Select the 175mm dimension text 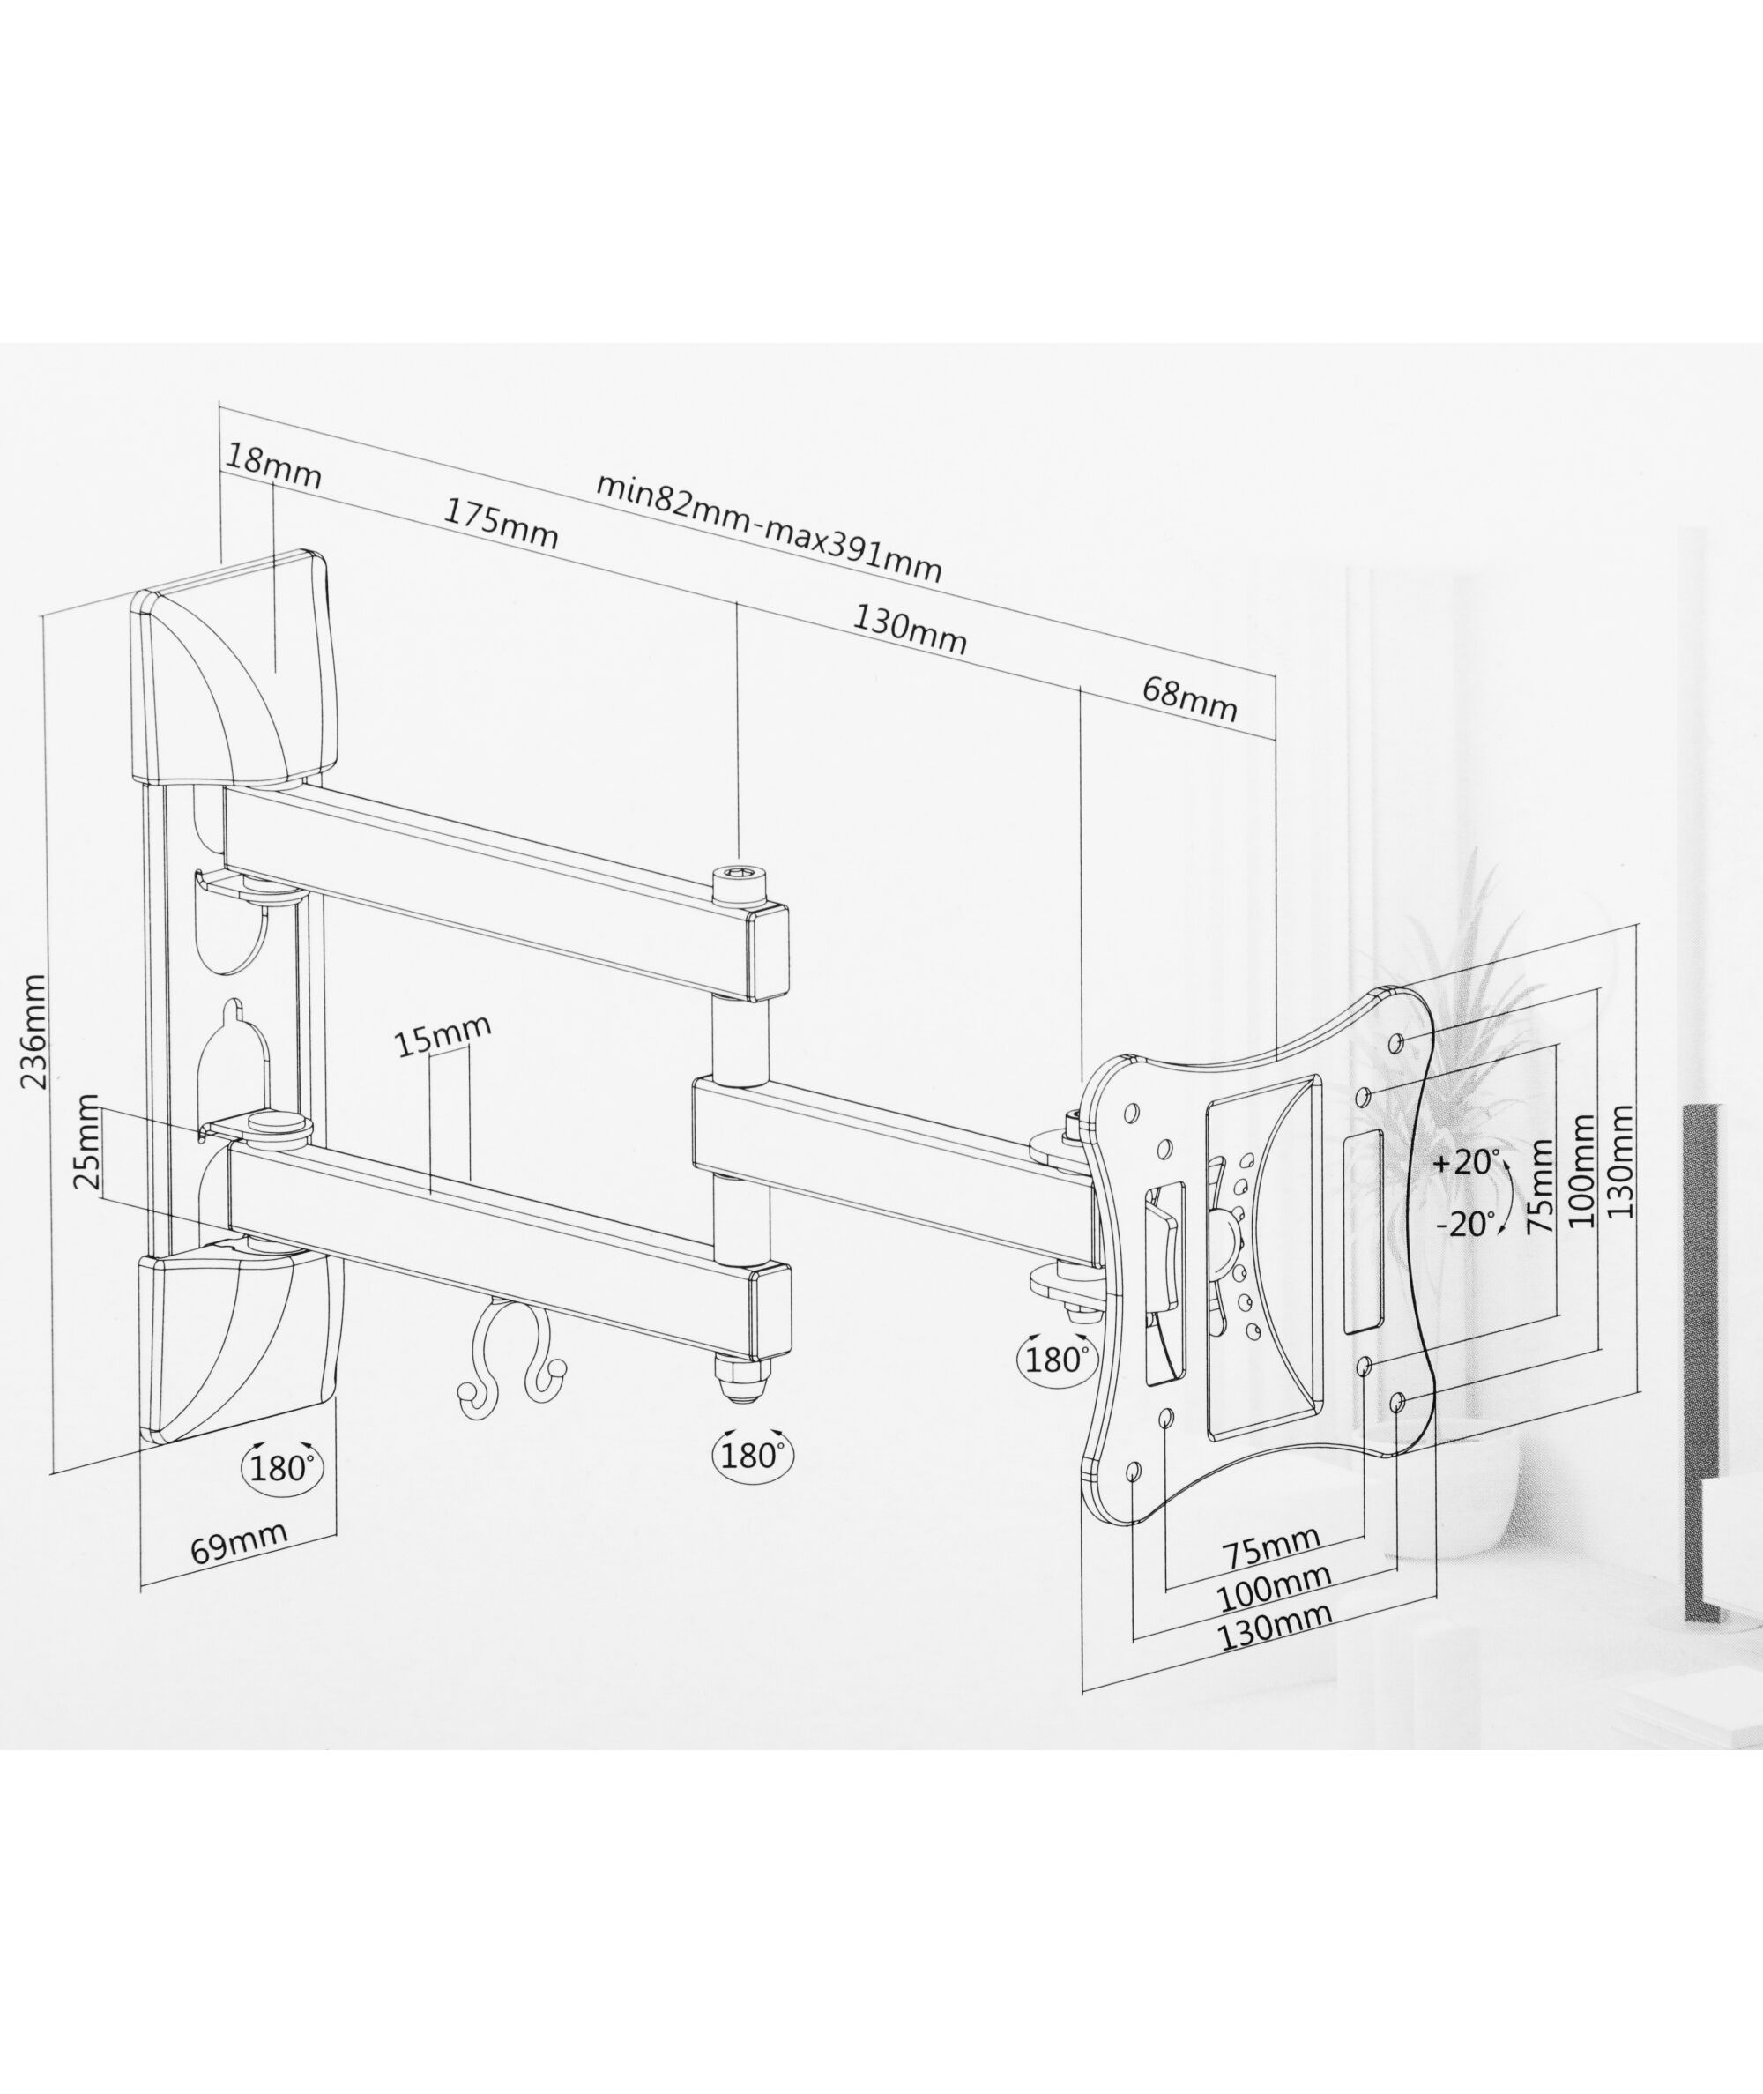[x=501, y=523]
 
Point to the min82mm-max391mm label [x=769, y=525]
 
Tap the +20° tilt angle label [x=1466, y=1162]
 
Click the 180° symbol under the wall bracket [x=282, y=1467]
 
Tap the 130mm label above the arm [x=910, y=630]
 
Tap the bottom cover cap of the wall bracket [x=236, y=1345]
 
